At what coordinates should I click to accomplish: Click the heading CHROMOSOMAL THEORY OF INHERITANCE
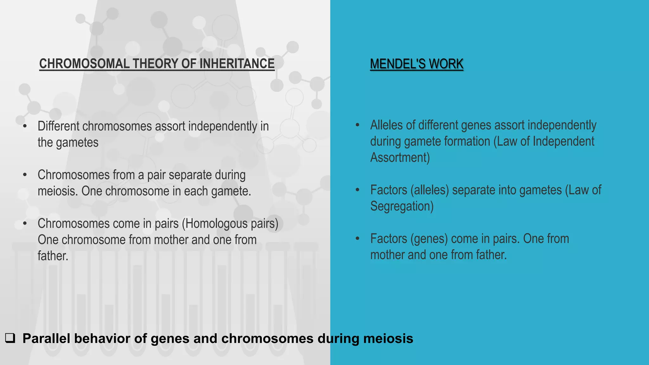pyautogui.click(x=157, y=64)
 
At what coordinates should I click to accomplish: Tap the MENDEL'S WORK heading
pyautogui.click(x=416, y=64)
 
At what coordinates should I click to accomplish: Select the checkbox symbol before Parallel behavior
pyautogui.click(x=10, y=338)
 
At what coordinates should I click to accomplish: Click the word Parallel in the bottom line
pyautogui.click(x=46, y=338)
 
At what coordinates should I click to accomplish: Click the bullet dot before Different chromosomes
pyautogui.click(x=25, y=126)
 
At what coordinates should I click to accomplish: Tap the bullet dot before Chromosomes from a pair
pyautogui.click(x=25, y=175)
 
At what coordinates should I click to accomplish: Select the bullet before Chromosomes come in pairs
pyautogui.click(x=25, y=224)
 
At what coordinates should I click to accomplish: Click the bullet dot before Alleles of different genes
pyautogui.click(x=357, y=125)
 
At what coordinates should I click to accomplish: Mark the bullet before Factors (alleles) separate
pyautogui.click(x=357, y=190)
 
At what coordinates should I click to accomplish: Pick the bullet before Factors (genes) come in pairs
pyautogui.click(x=357, y=239)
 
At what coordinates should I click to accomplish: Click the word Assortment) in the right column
pyautogui.click(x=400, y=157)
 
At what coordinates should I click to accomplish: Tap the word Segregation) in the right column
pyautogui.click(x=402, y=206)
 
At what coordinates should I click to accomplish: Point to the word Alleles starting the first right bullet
pyautogui.click(x=386, y=125)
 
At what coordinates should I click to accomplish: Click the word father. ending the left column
pyautogui.click(x=53, y=256)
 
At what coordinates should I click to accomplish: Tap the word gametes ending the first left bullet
pyautogui.click(x=77, y=143)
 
